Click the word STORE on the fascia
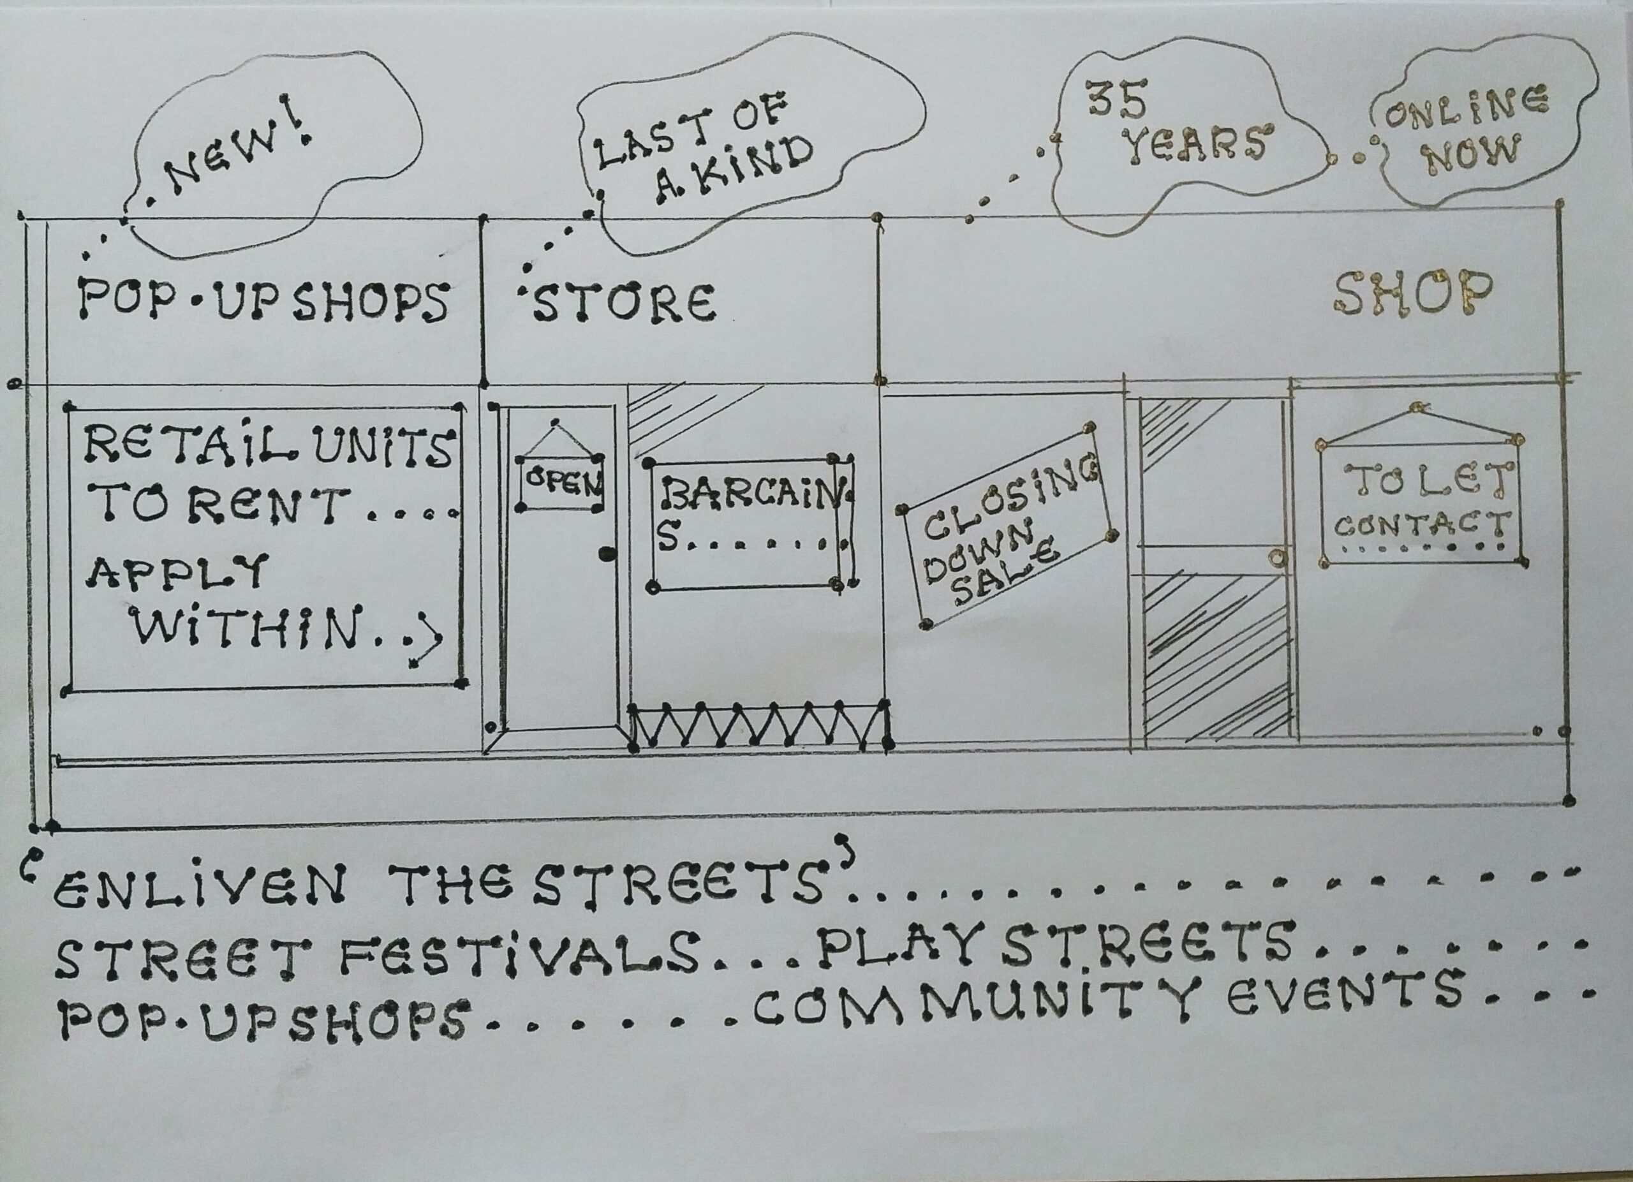[x=623, y=302]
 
